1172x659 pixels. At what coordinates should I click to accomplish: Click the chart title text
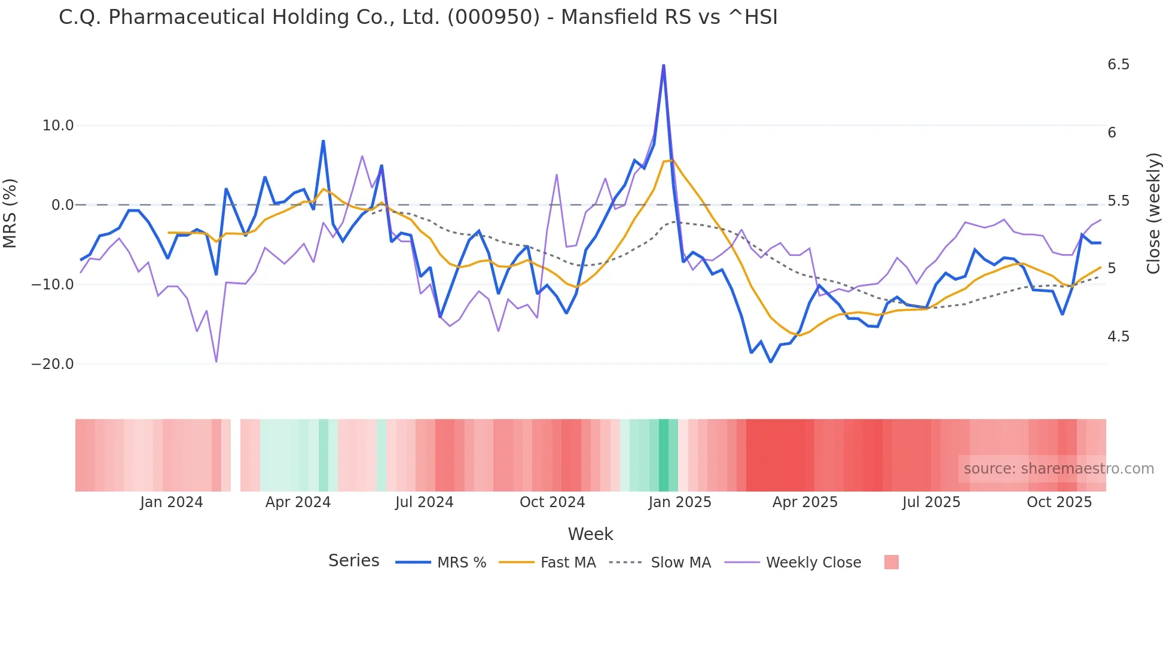418,17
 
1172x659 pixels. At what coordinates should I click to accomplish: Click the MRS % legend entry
461,563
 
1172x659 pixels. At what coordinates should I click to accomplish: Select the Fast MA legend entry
567,563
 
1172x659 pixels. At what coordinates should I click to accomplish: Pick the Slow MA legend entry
680,563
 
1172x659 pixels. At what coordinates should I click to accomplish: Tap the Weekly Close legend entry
813,563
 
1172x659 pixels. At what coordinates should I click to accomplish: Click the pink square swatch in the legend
891,562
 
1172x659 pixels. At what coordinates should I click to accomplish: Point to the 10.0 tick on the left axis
58,126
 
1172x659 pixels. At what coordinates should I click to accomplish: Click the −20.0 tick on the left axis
53,364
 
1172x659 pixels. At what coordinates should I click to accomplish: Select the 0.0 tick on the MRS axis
63,205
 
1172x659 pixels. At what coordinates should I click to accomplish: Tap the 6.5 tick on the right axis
1118,65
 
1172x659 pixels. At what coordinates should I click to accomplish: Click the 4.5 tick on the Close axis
1118,337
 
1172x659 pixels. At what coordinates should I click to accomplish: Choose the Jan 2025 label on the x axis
680,502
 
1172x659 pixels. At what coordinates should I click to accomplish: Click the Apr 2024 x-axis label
298,502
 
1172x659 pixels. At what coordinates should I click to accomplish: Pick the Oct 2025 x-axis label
1059,502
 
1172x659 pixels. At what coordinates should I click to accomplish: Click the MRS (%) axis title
10,213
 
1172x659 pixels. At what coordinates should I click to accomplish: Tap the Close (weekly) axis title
1153,213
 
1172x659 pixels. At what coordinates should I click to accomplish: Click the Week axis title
590,534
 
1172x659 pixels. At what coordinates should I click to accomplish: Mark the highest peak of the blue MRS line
663,65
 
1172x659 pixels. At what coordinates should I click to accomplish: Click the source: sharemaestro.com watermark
1058,469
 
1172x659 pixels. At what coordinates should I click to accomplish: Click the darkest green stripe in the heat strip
664,455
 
